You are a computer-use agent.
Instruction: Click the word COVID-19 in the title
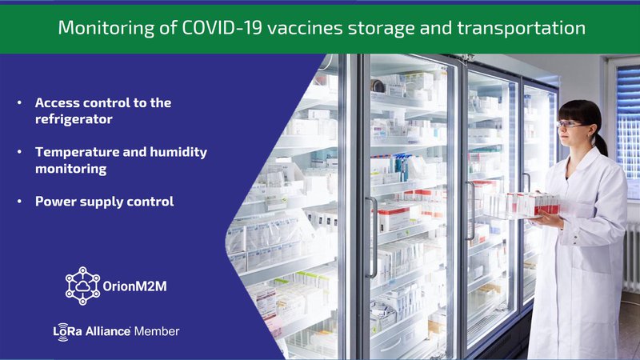[x=222, y=28]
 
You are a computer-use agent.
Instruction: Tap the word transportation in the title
[x=522, y=28]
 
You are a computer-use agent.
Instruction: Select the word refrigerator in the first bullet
[x=74, y=119]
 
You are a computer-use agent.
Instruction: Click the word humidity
[x=178, y=152]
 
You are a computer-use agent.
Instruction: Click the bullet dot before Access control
[x=19, y=102]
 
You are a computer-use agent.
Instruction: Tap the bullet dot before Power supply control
[x=19, y=202]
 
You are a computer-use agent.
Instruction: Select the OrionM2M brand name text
[x=134, y=286]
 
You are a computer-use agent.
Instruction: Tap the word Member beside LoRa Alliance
[x=157, y=331]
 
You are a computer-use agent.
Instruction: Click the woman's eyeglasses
[x=570, y=124]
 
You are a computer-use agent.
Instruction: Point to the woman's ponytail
[x=601, y=143]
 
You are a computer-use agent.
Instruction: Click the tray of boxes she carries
[x=521, y=206]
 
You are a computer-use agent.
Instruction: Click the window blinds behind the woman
[x=628, y=122]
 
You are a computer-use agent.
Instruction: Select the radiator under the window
[x=631, y=256]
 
